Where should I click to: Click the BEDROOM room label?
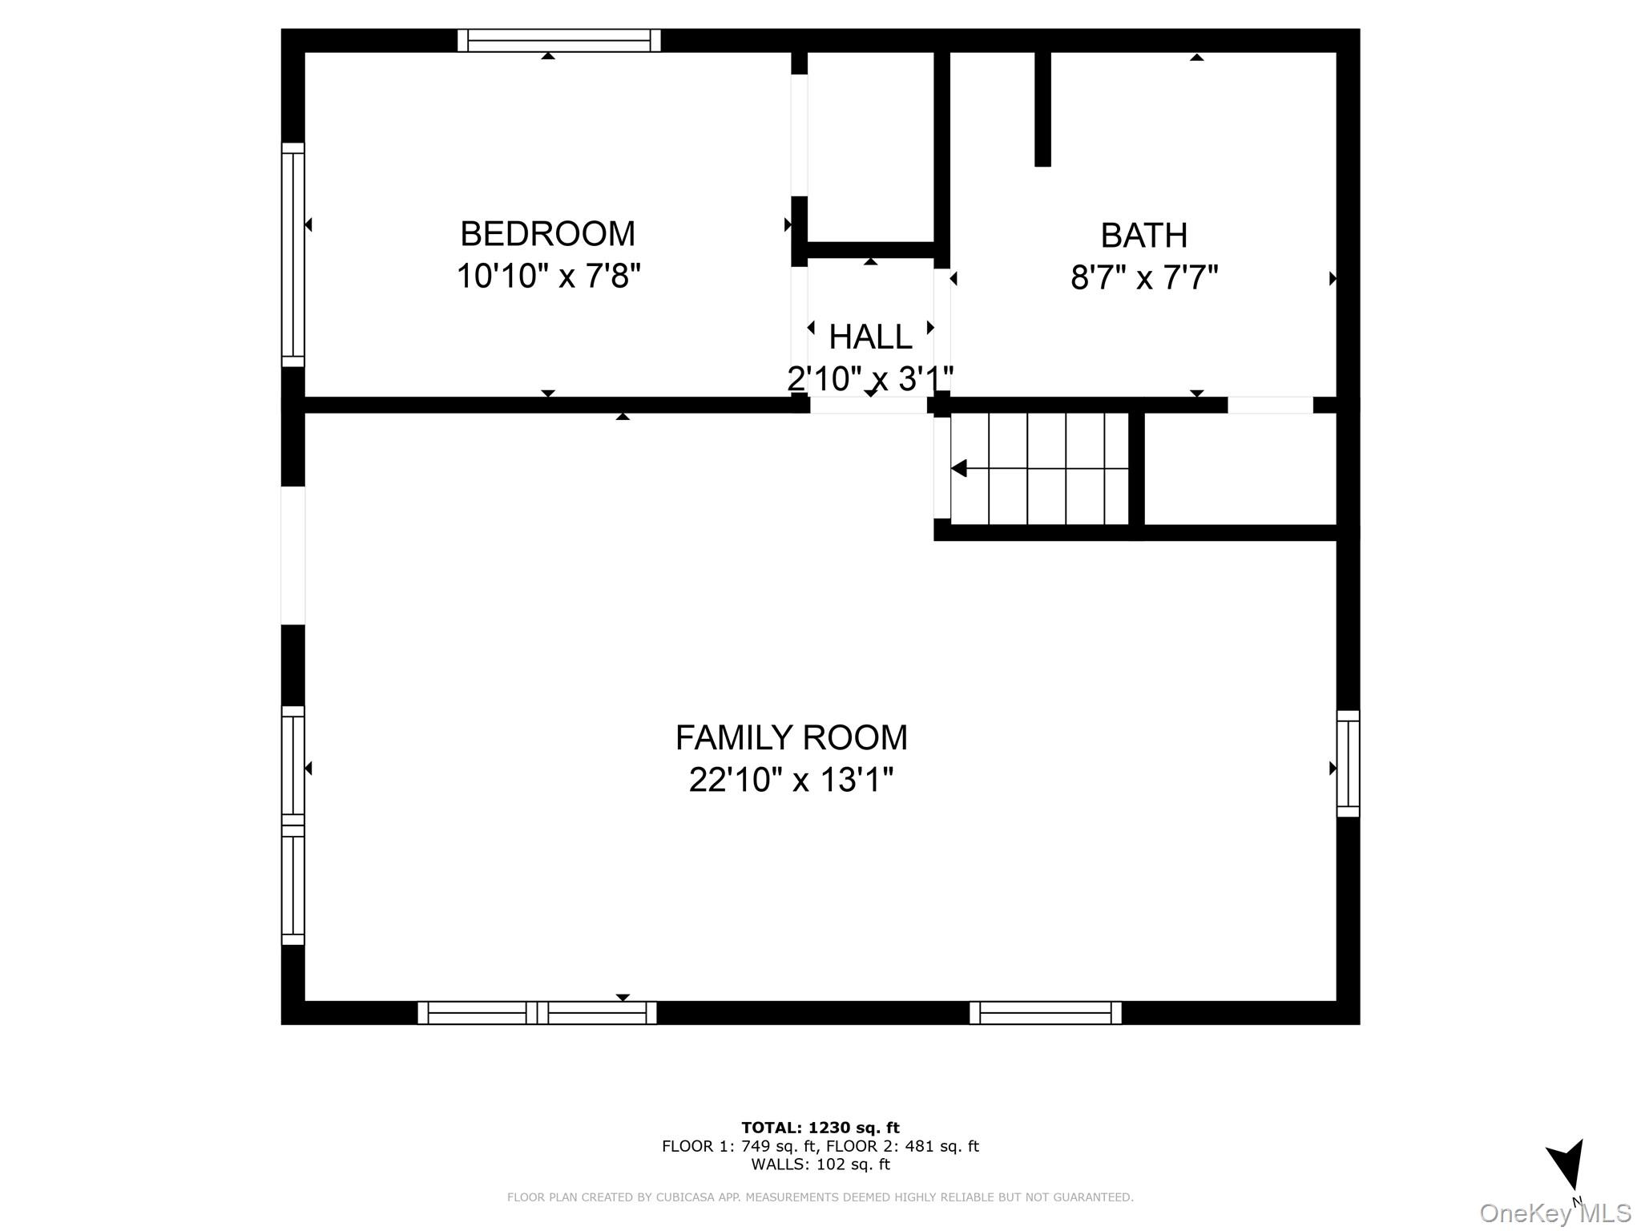tap(547, 234)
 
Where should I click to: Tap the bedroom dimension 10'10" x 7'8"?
tap(549, 276)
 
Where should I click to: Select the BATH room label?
tap(1143, 236)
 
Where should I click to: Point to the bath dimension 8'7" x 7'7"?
tap(1144, 278)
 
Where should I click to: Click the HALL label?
tap(870, 337)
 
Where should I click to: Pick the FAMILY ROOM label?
tap(792, 737)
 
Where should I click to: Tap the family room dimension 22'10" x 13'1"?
tap(791, 780)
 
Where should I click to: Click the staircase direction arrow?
tap(1039, 468)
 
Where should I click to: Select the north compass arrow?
tap(1567, 1173)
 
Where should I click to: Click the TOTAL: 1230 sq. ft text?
tap(820, 1128)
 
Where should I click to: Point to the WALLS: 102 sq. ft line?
tap(820, 1164)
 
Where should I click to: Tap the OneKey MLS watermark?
tap(1555, 1213)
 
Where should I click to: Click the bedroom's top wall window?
tap(559, 40)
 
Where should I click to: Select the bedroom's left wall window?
tap(293, 255)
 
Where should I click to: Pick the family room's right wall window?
tap(1349, 764)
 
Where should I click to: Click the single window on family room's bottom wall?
tap(1046, 1013)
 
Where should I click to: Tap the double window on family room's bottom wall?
tap(537, 1013)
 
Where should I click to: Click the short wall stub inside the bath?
tap(1042, 109)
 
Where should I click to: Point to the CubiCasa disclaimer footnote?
tap(820, 1197)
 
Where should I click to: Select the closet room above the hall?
tap(871, 147)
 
